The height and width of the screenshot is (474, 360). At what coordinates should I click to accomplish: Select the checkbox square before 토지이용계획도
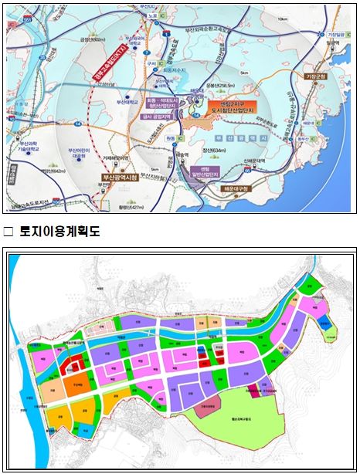[x=8, y=231]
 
